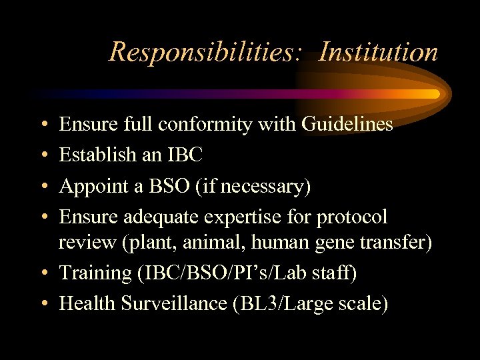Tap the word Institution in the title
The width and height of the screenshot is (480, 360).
pos(378,51)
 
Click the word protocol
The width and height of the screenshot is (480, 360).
pos(352,217)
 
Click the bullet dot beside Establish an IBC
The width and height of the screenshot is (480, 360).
pos(42,155)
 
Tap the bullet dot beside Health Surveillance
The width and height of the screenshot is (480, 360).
pos(42,304)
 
